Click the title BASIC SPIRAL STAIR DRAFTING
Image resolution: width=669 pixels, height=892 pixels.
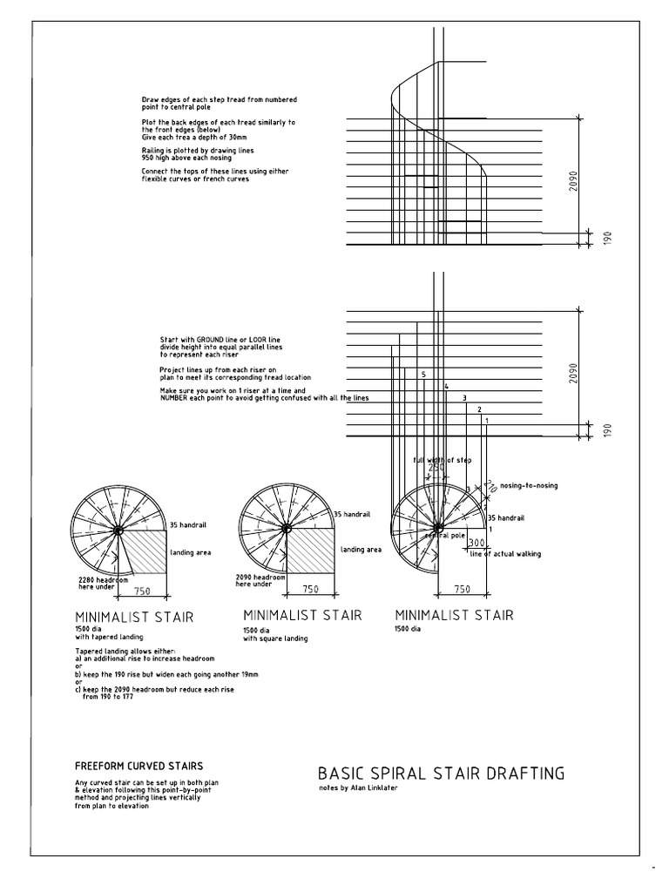click(441, 773)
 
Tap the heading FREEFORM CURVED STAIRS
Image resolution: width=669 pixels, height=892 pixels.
click(139, 766)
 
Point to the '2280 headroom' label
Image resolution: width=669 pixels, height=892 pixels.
click(105, 580)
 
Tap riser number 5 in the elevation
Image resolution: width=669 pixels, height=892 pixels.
click(422, 375)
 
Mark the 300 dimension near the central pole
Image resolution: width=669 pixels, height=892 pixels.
click(476, 543)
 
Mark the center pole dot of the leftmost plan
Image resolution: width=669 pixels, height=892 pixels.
click(118, 529)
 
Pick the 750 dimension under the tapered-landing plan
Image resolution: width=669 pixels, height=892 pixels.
click(144, 590)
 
